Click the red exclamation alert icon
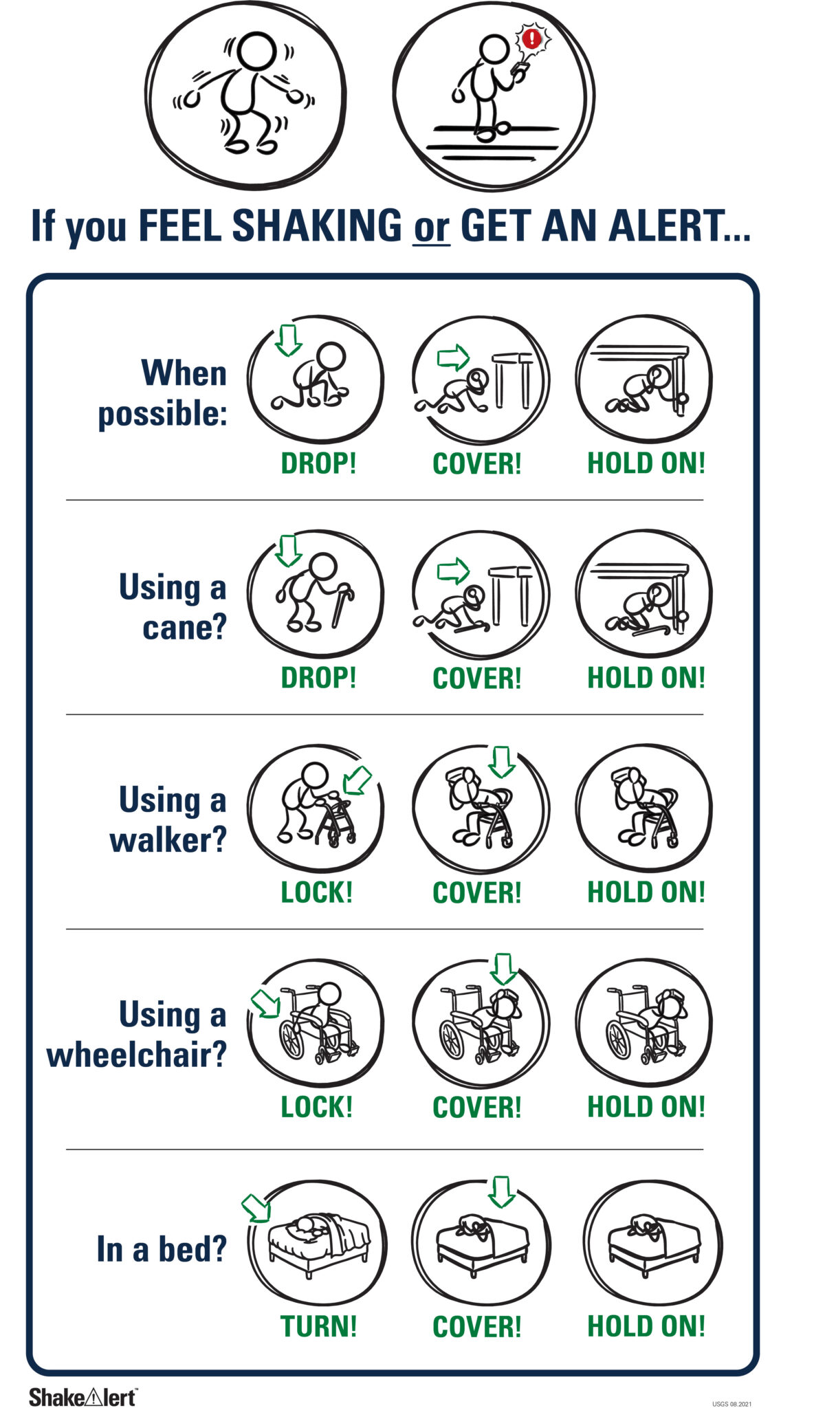(x=531, y=38)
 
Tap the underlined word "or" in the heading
(x=431, y=228)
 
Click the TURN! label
(x=319, y=1325)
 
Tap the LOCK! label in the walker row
(x=317, y=892)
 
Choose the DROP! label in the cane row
(x=319, y=677)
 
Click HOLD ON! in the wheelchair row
(x=646, y=1106)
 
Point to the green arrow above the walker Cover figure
(x=502, y=762)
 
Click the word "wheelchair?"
(x=137, y=1053)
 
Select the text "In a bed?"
(x=162, y=1248)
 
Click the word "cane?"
(x=184, y=626)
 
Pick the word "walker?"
(x=168, y=839)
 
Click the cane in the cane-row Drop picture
(x=342, y=605)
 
